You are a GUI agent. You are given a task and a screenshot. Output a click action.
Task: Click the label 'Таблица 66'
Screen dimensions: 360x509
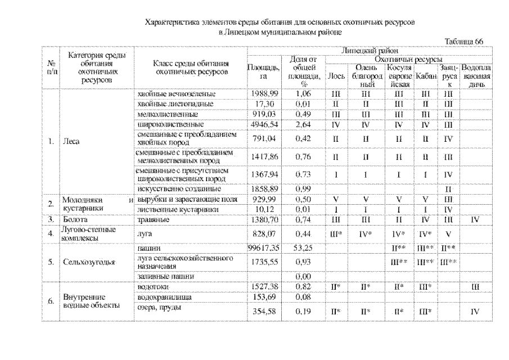pos(463,42)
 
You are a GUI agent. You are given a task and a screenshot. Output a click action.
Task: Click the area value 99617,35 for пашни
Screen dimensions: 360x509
pos(263,247)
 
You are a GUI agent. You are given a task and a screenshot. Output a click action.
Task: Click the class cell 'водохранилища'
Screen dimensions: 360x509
pos(163,296)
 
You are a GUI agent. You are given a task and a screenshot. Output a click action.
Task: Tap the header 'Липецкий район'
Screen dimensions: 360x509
pos(370,51)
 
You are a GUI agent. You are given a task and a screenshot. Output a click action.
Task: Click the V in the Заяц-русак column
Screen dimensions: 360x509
pos(448,233)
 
